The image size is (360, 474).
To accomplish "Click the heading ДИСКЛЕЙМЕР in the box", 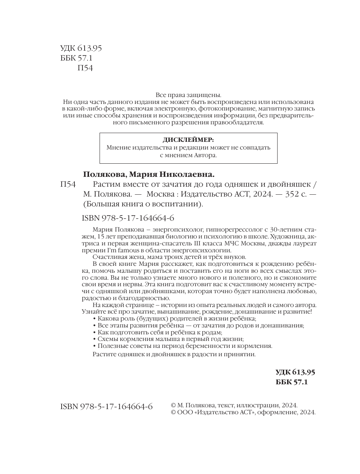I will click(x=188, y=140).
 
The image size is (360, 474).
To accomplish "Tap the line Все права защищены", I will click(x=188, y=94).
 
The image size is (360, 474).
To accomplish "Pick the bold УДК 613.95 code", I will click(x=295, y=372).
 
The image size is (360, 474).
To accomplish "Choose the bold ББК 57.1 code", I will click(x=292, y=382).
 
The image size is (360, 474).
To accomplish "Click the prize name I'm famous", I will click(x=123, y=250).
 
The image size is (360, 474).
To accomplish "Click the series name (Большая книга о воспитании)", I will click(x=143, y=204).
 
